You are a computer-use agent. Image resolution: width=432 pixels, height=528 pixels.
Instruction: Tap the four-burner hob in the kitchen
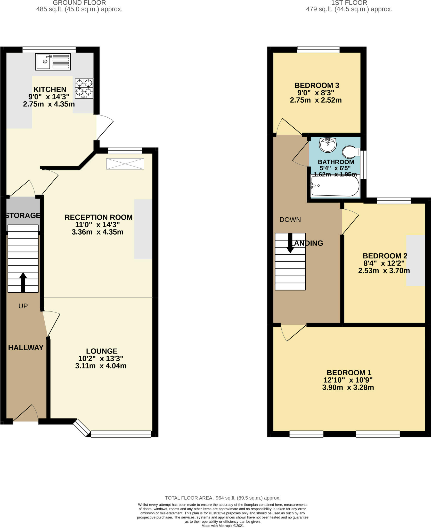84,88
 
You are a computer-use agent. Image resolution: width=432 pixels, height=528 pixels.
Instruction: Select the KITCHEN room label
50,89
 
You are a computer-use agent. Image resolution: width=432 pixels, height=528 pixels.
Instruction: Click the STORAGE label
23,215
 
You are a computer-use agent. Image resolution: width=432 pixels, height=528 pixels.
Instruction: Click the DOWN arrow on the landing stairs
290,243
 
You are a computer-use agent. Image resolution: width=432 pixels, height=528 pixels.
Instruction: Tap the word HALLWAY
26,348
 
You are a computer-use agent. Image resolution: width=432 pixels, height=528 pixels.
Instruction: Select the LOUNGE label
102,351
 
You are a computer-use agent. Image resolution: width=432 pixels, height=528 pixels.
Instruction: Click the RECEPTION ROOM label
99,217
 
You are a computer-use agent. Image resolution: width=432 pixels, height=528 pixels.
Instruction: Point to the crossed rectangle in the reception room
125,164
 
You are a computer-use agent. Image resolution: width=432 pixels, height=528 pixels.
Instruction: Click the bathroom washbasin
328,145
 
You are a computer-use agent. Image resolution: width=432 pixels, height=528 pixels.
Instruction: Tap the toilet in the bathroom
351,152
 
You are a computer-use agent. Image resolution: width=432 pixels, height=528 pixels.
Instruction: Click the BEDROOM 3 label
317,85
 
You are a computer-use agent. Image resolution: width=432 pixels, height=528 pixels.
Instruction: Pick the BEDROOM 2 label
385,256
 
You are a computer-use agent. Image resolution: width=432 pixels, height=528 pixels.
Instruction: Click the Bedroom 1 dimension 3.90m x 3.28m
348,387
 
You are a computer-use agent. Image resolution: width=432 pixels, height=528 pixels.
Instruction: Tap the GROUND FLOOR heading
79,3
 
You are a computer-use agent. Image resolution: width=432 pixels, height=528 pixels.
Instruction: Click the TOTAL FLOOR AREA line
222,498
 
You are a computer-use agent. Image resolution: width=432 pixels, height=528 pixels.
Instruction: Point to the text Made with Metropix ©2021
222,526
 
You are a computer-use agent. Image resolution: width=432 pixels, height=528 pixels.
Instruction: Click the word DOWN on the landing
290,220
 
